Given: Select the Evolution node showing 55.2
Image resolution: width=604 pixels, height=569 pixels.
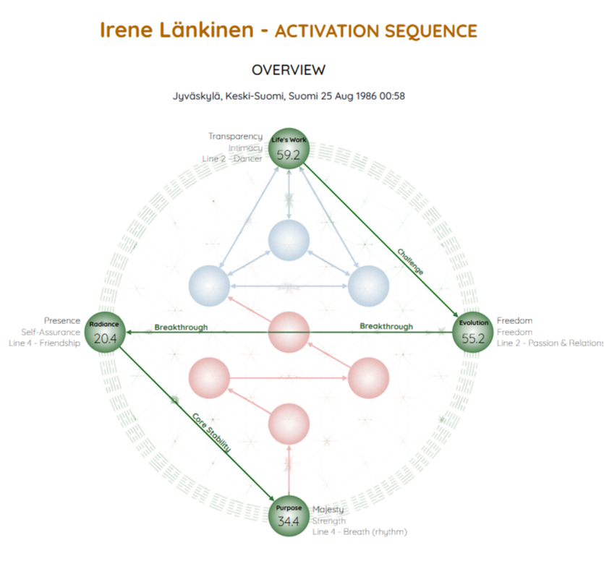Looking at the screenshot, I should click(473, 333).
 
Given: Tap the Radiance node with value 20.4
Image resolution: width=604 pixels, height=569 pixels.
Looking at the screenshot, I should click(105, 333).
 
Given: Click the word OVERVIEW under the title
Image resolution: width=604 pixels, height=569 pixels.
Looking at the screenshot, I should click(289, 70).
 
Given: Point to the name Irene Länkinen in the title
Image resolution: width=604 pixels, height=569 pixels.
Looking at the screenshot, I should click(176, 30).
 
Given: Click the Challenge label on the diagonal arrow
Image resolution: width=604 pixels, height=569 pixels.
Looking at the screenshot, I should click(409, 262).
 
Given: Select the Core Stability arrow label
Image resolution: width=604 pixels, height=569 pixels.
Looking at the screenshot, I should click(211, 432).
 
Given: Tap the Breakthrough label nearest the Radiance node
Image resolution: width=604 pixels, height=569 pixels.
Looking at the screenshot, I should click(181, 328).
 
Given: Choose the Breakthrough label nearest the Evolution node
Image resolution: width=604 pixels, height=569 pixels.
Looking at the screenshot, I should click(386, 327).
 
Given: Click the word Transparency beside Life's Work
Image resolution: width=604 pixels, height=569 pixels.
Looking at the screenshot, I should click(235, 137).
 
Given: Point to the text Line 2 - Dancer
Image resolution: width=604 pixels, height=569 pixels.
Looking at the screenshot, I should click(232, 159).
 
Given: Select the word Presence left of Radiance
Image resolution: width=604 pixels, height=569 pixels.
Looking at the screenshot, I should click(62, 321).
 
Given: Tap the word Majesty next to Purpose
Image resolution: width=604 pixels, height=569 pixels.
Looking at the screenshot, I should click(328, 510).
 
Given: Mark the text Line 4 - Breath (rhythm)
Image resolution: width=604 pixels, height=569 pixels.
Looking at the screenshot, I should click(360, 532).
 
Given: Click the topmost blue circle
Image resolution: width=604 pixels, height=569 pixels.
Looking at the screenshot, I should click(289, 239).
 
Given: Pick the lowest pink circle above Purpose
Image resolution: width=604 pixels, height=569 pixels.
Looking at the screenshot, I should click(289, 423).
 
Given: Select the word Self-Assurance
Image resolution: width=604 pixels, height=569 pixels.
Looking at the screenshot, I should click(51, 333).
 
